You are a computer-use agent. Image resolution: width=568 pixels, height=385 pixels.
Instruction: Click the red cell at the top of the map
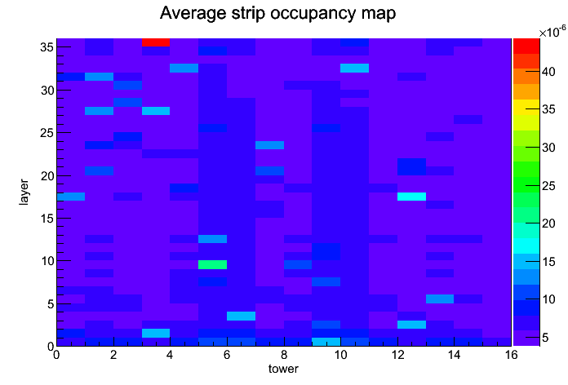point(156,42)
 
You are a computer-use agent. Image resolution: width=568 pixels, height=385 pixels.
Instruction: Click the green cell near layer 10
point(213,265)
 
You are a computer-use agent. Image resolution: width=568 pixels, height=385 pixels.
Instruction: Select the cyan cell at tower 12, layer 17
point(411,197)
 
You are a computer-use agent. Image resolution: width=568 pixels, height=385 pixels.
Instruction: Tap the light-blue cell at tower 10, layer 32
point(355,68)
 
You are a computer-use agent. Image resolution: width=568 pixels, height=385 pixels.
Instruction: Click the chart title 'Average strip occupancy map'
point(277,13)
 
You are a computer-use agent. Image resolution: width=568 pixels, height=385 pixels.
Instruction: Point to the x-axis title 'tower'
point(283,369)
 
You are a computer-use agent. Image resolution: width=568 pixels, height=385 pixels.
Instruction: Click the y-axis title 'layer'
point(24,192)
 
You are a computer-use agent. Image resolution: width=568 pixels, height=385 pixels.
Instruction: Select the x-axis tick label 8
point(284,355)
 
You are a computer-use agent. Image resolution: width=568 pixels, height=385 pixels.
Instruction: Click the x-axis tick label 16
point(511,355)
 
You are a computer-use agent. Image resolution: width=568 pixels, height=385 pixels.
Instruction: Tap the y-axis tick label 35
point(47,47)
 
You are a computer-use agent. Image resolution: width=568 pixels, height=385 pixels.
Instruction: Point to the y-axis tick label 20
point(47,175)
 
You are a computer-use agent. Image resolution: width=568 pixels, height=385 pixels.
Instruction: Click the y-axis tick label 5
point(51,304)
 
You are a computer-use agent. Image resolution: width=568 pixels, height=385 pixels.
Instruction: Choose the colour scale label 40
point(548,72)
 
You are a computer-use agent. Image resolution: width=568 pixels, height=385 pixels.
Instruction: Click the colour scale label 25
point(548,186)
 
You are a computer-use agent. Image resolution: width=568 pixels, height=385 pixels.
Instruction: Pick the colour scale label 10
point(548,299)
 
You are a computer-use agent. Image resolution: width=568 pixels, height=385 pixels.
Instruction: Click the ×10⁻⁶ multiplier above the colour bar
point(552,32)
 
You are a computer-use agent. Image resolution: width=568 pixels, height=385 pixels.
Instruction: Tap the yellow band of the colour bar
point(526,107)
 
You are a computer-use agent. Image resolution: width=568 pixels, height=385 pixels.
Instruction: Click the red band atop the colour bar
point(526,46)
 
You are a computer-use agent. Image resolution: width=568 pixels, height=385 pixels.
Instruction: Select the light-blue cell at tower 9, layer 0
point(326,342)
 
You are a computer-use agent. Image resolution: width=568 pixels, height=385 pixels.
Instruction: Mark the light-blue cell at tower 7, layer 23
point(269,145)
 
